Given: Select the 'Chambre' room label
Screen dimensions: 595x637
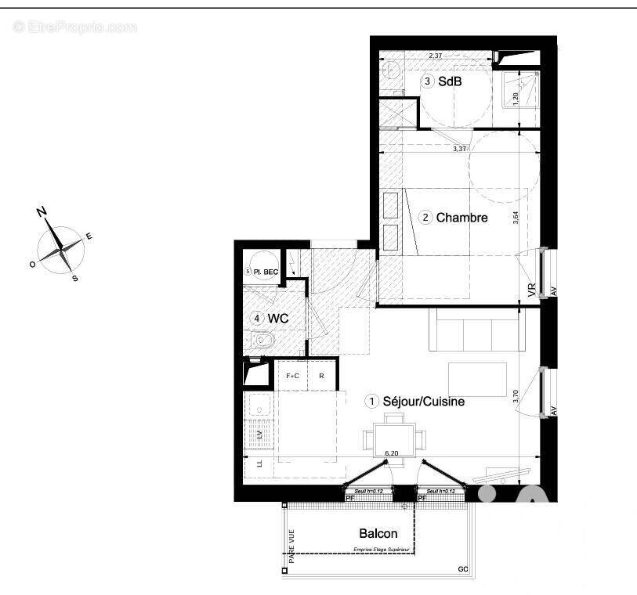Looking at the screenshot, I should click(x=461, y=218).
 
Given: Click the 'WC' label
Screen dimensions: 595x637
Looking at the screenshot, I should click(x=277, y=319).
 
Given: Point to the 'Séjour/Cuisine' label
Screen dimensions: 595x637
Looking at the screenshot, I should click(x=424, y=402).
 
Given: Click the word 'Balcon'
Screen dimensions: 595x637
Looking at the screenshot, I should click(x=378, y=534).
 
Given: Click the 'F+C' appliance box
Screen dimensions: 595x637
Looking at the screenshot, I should click(x=292, y=376).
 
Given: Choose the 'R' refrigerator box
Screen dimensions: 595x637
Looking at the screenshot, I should click(x=321, y=376).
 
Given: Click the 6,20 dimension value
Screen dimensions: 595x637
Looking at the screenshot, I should click(x=393, y=453).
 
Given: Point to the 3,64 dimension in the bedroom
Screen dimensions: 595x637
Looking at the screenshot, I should click(x=516, y=217).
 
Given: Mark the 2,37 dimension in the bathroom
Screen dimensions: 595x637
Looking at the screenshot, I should click(x=436, y=55).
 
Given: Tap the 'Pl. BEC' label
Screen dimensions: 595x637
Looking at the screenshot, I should click(x=267, y=272).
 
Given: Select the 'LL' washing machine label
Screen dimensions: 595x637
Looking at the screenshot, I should click(x=258, y=464).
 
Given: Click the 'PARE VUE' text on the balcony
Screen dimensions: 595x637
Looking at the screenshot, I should click(x=290, y=546).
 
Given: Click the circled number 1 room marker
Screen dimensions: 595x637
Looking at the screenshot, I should click(x=371, y=401).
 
